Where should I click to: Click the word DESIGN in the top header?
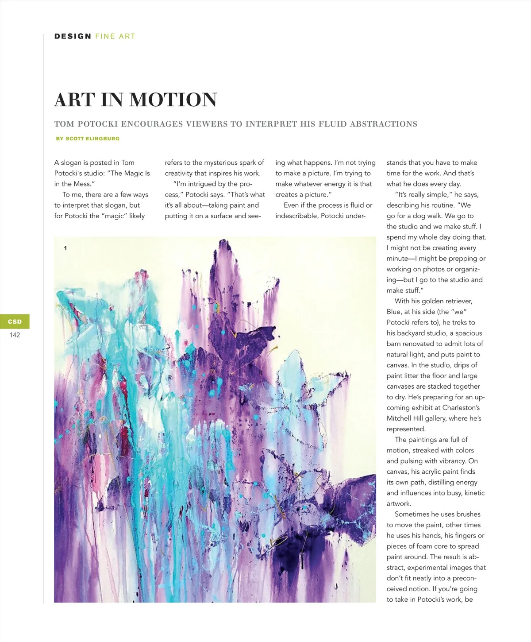point(73,36)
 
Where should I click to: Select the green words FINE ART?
point(115,36)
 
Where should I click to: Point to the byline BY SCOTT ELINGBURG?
point(88,139)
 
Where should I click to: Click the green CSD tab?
point(15,321)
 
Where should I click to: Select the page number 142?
point(15,335)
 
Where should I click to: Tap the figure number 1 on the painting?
point(65,248)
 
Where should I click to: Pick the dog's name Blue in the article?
point(394,312)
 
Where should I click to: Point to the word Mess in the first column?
point(82,184)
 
